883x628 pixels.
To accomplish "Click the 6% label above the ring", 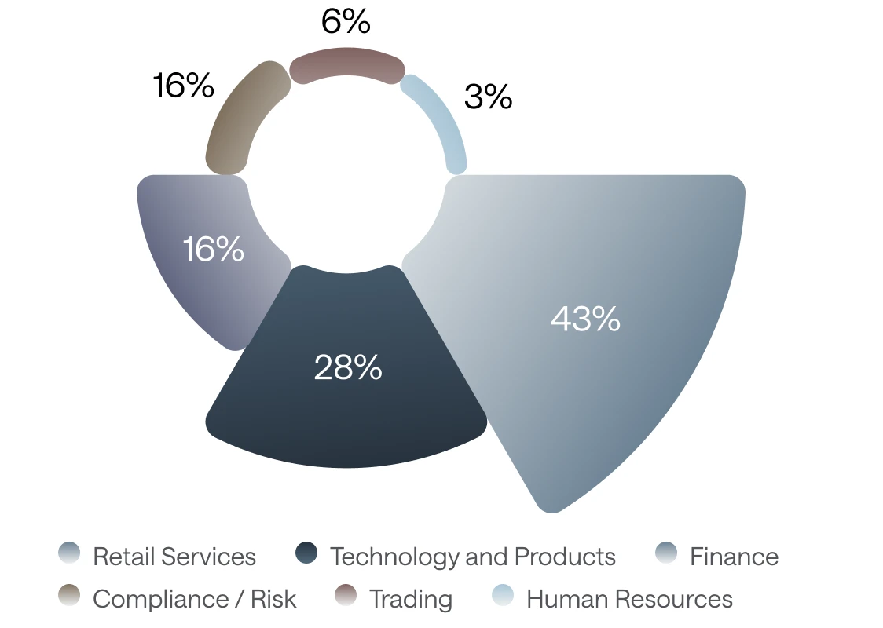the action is pos(346,22).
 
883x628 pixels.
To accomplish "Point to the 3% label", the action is pos(488,97).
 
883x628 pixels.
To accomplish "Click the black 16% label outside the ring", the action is pos(184,86).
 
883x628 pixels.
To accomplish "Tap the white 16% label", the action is pos(214,249).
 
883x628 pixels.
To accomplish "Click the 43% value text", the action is pos(586,319).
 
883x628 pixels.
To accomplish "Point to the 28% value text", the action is pos(348,367).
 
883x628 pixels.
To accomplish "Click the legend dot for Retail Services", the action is pos(69,553).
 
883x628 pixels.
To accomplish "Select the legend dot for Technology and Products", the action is pos(306,553).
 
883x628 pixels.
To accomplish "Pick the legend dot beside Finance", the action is pos(666,553).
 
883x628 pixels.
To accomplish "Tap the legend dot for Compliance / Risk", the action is pos(69,595).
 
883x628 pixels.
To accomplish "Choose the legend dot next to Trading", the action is pos(346,595).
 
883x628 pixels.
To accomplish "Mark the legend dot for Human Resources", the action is pos(503,595).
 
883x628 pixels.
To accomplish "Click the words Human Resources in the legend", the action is pos(629,599).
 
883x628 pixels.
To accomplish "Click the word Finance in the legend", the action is pos(735,557).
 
